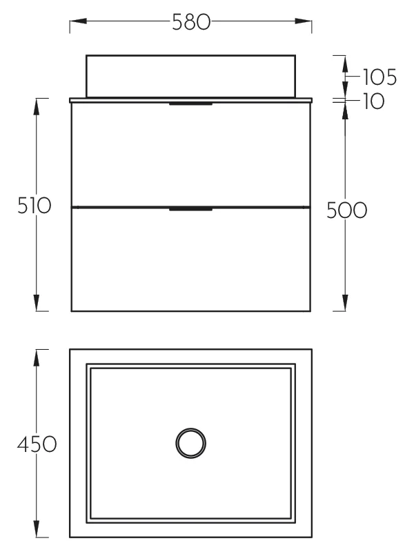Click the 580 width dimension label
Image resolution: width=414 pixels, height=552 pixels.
pyautogui.click(x=191, y=22)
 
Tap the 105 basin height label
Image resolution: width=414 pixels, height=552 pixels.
pyautogui.click(x=379, y=77)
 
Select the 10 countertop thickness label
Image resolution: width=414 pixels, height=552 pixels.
pyautogui.click(x=373, y=101)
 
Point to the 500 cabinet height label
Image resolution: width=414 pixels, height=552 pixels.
pyautogui.click(x=347, y=210)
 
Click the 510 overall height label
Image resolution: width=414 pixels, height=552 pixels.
pyautogui.click(x=34, y=205)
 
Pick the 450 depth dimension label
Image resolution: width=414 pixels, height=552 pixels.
pyautogui.click(x=37, y=444)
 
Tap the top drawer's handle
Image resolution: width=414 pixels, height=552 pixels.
pyautogui.click(x=191, y=104)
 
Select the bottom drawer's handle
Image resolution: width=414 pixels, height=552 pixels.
pyautogui.click(x=191, y=210)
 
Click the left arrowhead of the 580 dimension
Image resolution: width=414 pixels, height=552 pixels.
pyautogui.click(x=78, y=21)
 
